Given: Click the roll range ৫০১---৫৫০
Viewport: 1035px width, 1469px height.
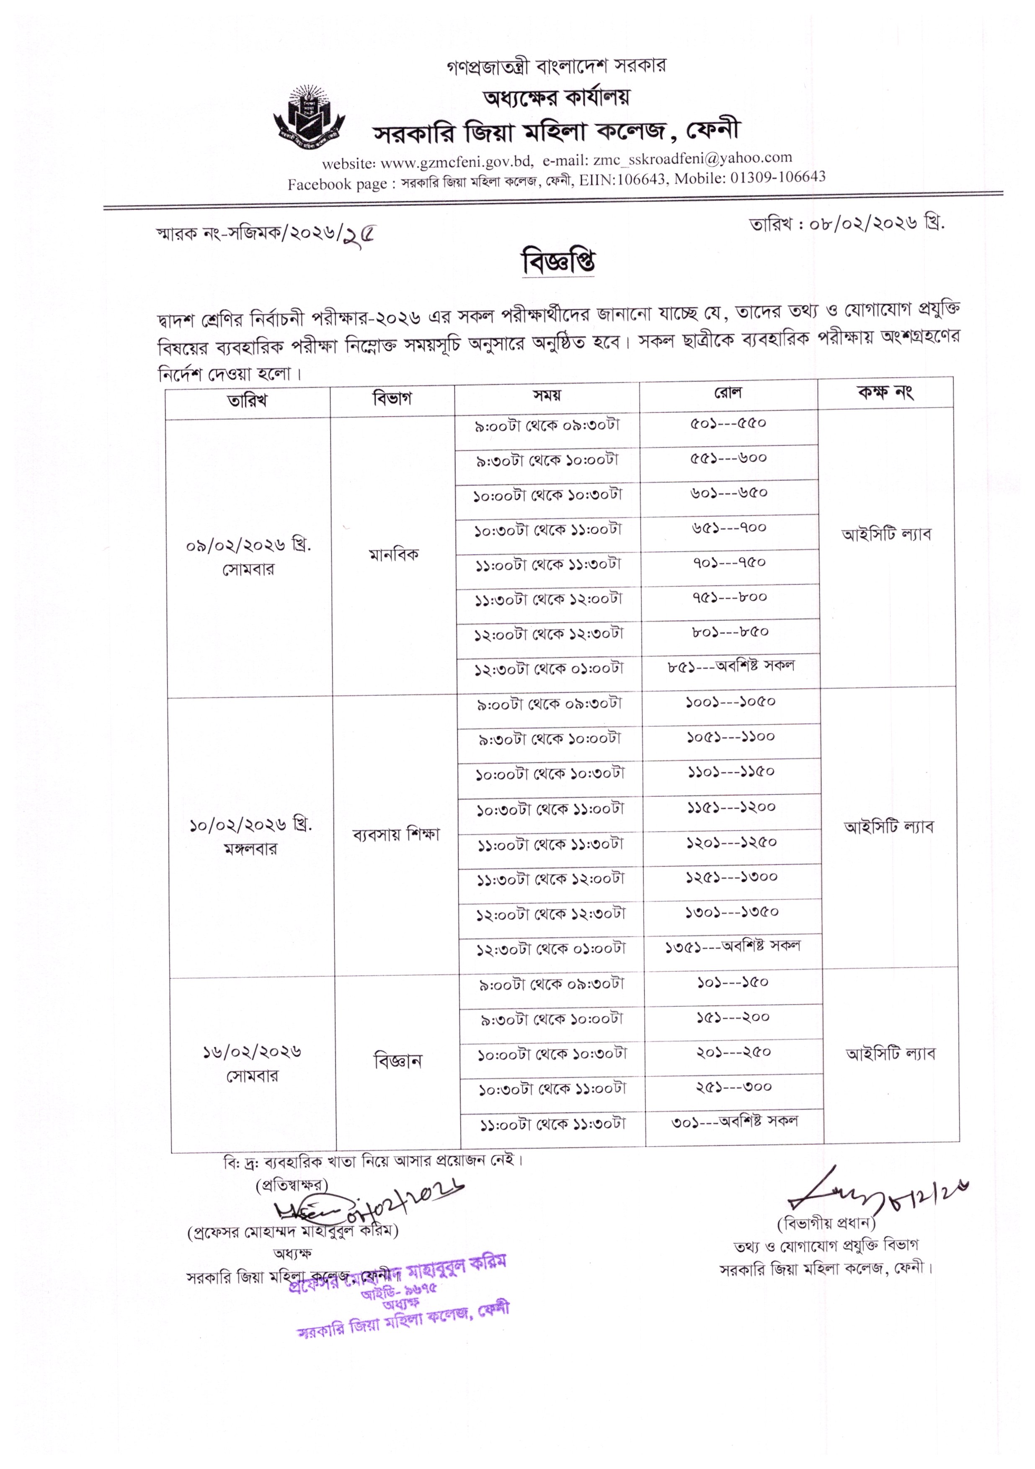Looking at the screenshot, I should coord(728,424).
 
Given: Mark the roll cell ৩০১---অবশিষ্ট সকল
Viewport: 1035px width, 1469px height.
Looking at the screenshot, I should coord(734,1122).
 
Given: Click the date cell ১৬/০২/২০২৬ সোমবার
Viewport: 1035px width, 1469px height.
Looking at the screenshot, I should coord(252,1063).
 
